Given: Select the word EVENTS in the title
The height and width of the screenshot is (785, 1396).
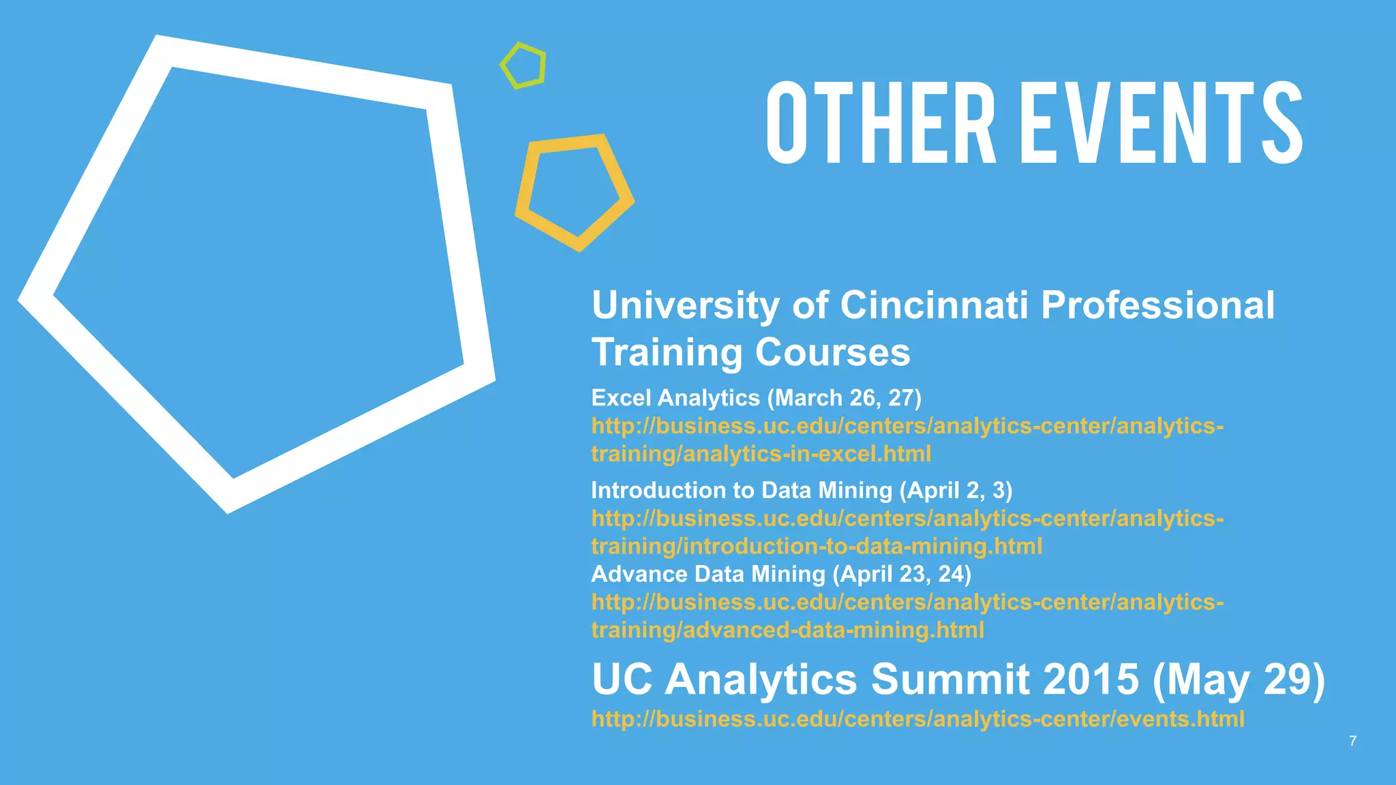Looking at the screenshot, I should point(1166,123).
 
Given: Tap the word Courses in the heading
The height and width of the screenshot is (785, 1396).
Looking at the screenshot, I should point(832,352).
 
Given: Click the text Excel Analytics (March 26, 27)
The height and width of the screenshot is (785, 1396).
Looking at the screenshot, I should point(756,397).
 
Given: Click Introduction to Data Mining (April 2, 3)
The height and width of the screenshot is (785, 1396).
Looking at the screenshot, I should point(802,490).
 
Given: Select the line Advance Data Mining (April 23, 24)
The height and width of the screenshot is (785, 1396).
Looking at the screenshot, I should point(781,574).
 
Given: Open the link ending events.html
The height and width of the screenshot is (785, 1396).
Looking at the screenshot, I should point(917,719).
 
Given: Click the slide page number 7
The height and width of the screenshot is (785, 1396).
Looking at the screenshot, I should point(1353,741).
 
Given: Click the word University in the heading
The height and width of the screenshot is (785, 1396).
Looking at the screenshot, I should point(686,305).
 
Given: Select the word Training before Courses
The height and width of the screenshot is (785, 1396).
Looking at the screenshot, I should point(667,352).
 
